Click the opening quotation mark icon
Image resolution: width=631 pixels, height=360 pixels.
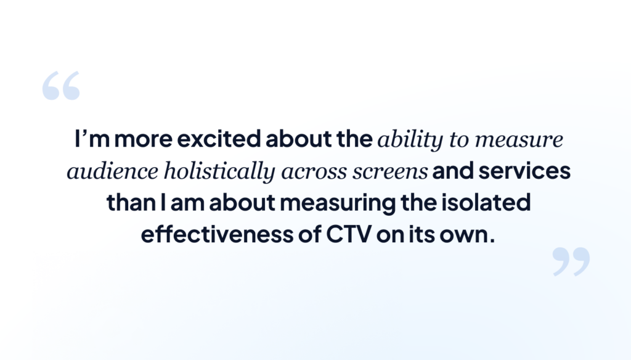coord(61,86)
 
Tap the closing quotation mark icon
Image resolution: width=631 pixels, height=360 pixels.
coord(571,262)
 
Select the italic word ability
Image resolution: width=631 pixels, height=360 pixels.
coord(410,140)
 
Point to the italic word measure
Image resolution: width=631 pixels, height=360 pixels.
coord(519,140)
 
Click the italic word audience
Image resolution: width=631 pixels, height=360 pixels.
coord(112,171)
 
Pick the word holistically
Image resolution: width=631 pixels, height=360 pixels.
coord(219,172)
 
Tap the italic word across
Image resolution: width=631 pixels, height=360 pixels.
coord(314,173)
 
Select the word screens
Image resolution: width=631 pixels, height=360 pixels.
coord(390,173)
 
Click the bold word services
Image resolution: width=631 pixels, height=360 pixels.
coord(524,170)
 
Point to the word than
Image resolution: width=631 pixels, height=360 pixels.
coord(131,202)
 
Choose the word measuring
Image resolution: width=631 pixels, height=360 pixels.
coord(338,203)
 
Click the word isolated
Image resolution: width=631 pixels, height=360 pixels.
coord(486,202)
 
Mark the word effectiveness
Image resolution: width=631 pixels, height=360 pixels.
coord(217,234)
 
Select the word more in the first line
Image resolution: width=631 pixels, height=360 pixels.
coord(143,139)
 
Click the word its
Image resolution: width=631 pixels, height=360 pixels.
coord(421,234)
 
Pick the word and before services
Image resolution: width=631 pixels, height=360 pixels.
coord(453,170)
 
